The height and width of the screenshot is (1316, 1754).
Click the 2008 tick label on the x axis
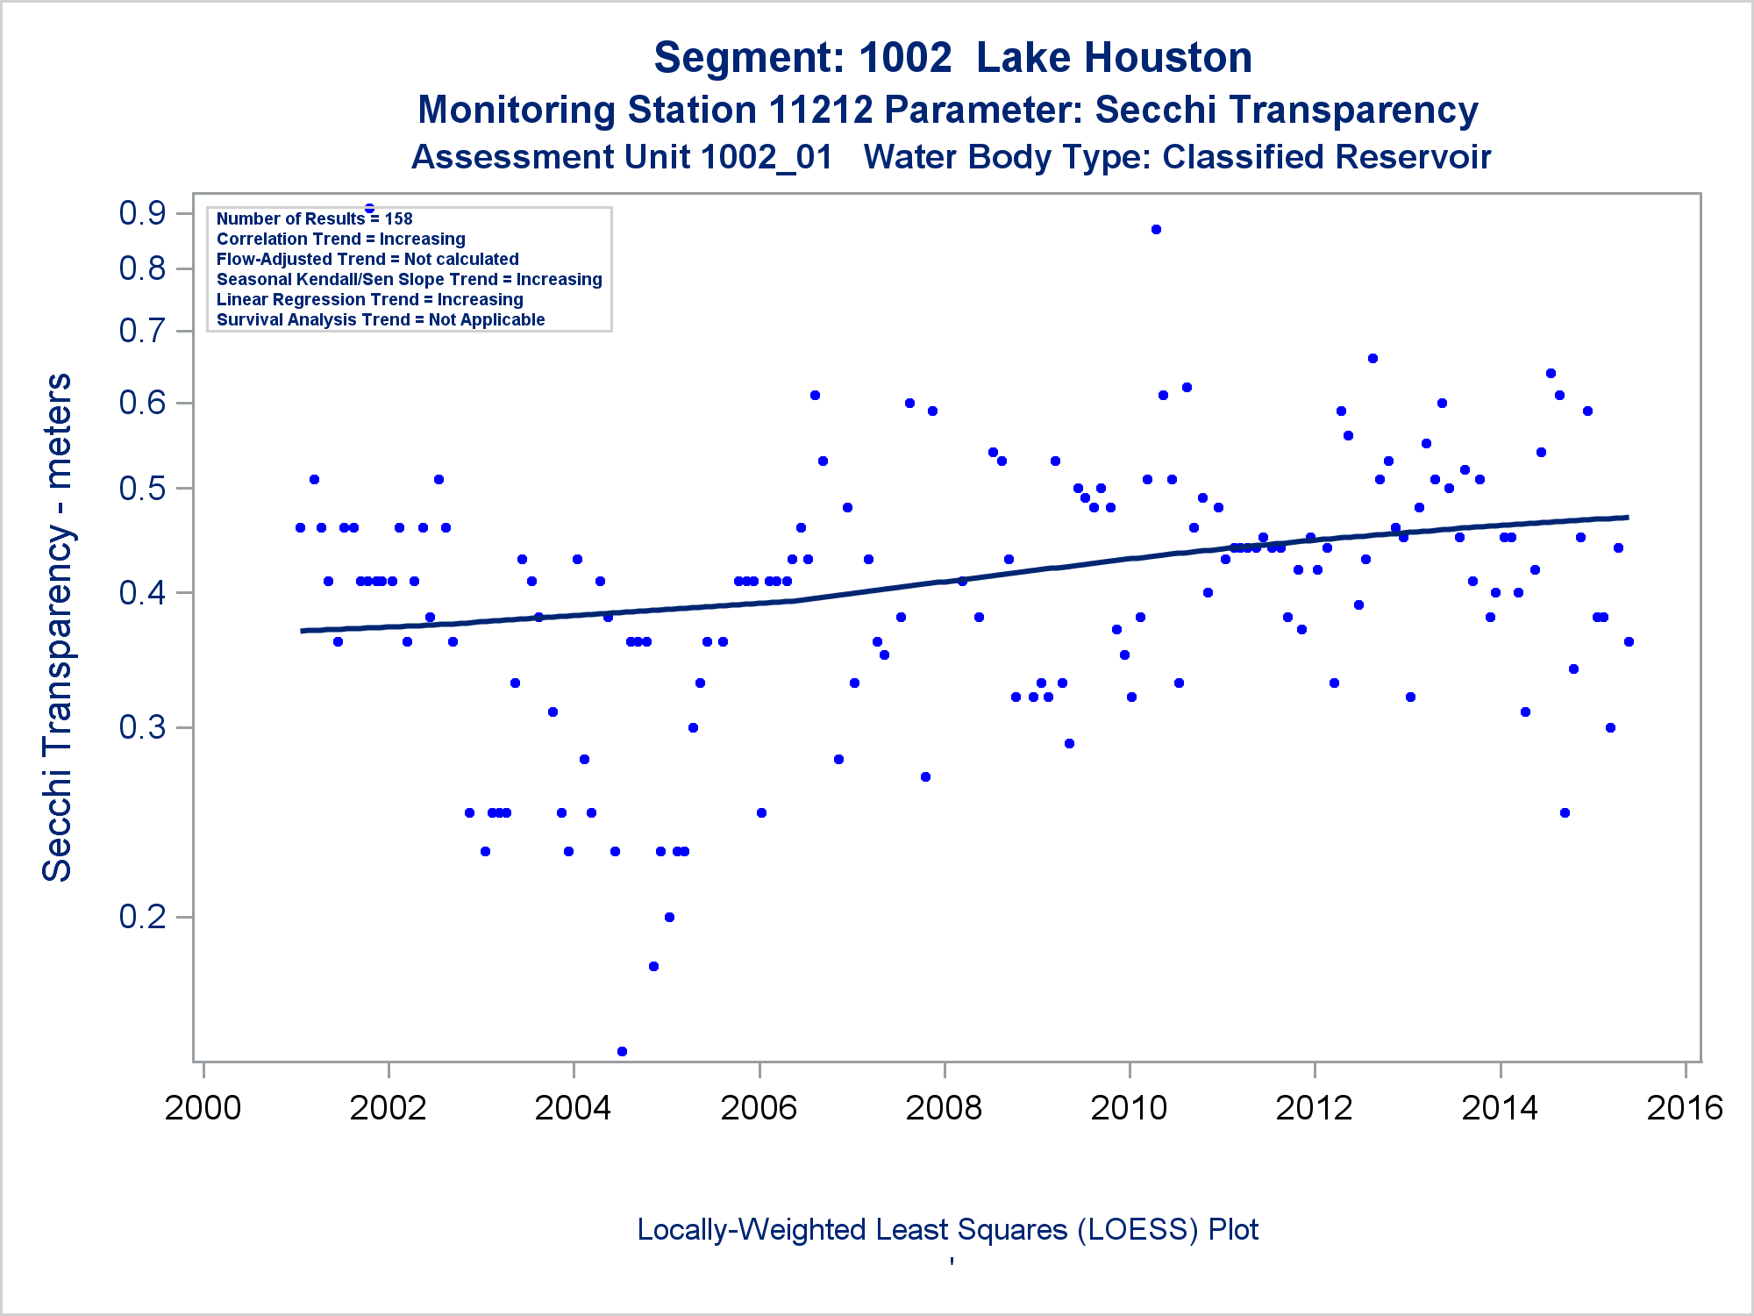coord(944,1108)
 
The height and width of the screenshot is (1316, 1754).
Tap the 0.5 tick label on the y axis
coord(143,489)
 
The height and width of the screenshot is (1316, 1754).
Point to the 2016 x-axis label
coord(1685,1108)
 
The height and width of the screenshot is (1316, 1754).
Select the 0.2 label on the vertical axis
coord(143,917)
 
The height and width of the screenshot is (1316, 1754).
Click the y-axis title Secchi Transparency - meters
coord(58,627)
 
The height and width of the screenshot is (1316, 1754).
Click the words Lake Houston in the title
coord(1114,58)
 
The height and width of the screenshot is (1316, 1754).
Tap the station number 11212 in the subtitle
coord(821,111)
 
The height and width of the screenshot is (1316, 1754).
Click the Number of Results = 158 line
coord(314,218)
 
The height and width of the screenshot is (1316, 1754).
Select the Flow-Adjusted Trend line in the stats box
coord(367,259)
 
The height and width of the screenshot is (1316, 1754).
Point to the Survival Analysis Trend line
coord(381,319)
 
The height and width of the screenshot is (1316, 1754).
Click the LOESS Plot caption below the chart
coord(947,1230)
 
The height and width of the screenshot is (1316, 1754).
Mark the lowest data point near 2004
coord(622,1051)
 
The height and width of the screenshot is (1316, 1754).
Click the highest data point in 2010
coord(1156,229)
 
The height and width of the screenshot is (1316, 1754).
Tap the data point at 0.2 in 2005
coord(669,917)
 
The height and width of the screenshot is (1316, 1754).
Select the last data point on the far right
coord(1629,641)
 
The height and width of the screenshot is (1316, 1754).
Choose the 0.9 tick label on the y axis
coord(143,213)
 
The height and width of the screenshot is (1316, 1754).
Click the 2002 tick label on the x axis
coord(388,1108)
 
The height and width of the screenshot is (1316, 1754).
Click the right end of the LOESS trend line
coord(1627,518)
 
